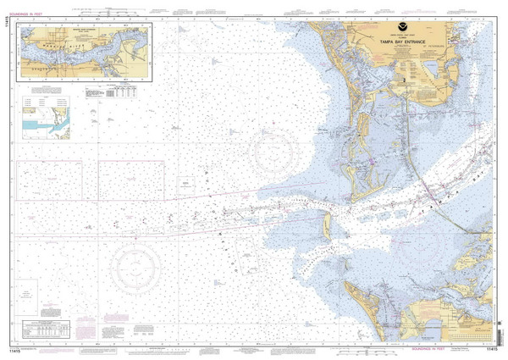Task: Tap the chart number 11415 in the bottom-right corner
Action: (x=494, y=348)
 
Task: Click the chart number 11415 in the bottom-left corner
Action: (x=14, y=348)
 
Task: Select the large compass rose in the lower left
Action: (x=134, y=260)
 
